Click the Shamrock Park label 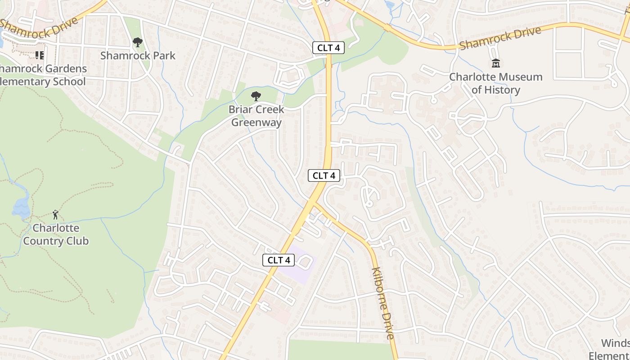point(138,56)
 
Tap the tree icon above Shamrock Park point(138,43)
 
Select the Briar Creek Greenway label point(256,116)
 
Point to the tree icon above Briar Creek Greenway point(256,96)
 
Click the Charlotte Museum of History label point(496,83)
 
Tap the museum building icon point(496,63)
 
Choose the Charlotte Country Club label point(56,234)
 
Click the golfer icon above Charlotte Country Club point(55,214)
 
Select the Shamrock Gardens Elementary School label point(43,75)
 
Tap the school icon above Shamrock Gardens point(40,55)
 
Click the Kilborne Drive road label point(383,303)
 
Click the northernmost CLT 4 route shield point(328,48)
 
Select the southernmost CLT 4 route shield point(279,260)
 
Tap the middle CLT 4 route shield point(324,175)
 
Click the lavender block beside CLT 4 point(299,265)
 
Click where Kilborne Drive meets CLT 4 point(314,203)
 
